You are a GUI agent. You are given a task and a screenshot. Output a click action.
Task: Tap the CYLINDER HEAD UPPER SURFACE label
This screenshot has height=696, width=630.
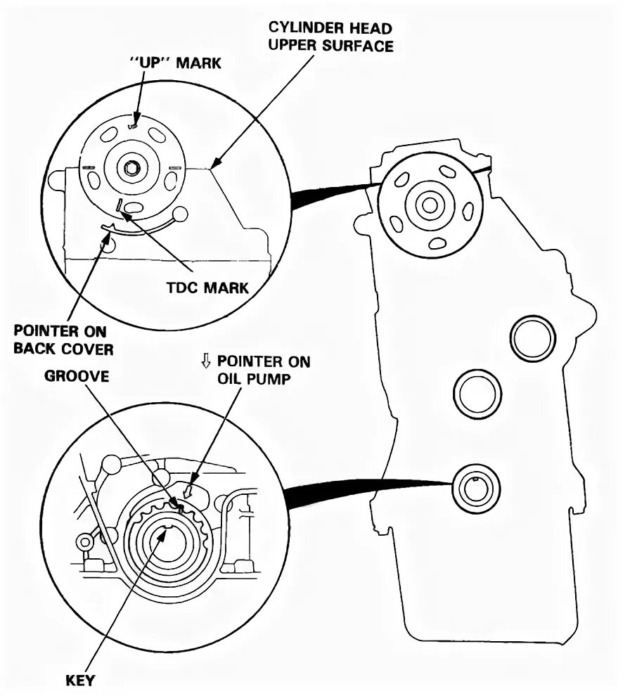tap(330, 37)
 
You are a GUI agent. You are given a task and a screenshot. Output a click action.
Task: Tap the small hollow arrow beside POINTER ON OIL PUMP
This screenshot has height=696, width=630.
tap(206, 361)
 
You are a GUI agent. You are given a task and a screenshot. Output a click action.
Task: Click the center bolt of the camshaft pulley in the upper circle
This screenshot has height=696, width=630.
tap(131, 169)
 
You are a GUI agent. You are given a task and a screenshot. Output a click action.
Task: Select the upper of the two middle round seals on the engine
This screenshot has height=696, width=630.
tap(534, 338)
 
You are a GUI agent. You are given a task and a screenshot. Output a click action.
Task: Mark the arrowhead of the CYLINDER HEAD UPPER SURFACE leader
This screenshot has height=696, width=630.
tap(214, 166)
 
